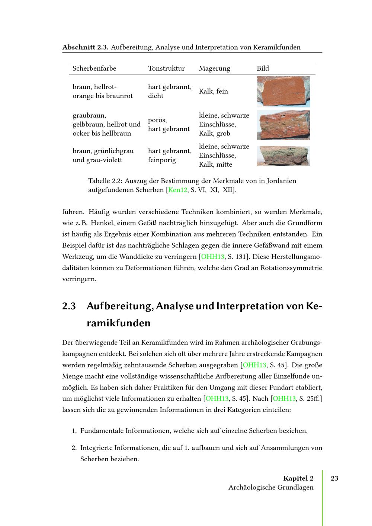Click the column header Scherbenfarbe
tap(94, 68)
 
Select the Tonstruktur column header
tap(166, 68)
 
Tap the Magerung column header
tap(214, 68)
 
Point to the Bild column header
tap(263, 68)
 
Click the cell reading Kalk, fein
tap(213, 92)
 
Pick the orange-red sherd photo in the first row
tap(283, 92)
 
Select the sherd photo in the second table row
tap(283, 125)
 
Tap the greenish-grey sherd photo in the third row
tap(283, 155)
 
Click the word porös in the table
tap(157, 120)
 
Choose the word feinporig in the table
tap(162, 160)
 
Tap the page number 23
tap(334, 478)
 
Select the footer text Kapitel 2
tap(298, 478)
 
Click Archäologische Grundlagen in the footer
tap(271, 487)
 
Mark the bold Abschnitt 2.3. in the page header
tap(85, 47)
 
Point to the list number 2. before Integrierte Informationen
tap(74, 448)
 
